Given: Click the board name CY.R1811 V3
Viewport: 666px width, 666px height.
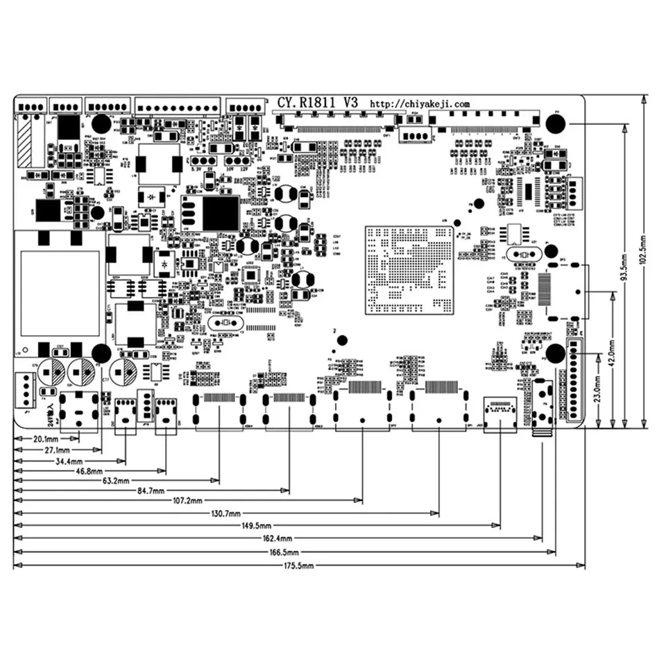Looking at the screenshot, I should pyautogui.click(x=317, y=102).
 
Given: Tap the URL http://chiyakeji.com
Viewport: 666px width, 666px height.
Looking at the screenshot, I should pyautogui.click(x=413, y=103).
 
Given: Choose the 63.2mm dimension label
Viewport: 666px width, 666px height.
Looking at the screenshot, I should pyautogui.click(x=117, y=480).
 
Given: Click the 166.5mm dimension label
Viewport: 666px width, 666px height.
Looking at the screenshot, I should pyautogui.click(x=284, y=552).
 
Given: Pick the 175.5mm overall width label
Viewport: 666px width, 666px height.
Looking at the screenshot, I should pyautogui.click(x=299, y=566).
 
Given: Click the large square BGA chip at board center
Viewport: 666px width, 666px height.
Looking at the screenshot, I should pyautogui.click(x=410, y=270).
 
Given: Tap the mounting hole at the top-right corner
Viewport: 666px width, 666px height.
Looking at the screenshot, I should pyautogui.click(x=555, y=123).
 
